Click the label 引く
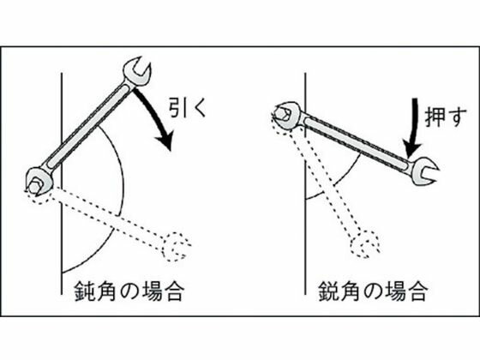pyautogui.click(x=188, y=107)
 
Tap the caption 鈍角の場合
pyautogui.click(x=129, y=291)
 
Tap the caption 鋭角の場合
pyautogui.click(x=373, y=291)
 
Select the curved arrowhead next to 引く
pyautogui.click(x=165, y=141)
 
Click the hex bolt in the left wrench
pyautogui.click(x=33, y=186)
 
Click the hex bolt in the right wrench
pyautogui.click(x=282, y=114)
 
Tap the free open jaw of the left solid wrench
pyautogui.click(x=137, y=71)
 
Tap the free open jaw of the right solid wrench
pyautogui.click(x=424, y=171)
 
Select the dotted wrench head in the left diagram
pyautogui.click(x=177, y=247)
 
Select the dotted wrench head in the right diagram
pyautogui.click(x=366, y=243)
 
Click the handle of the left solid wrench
pyautogui.click(x=89, y=126)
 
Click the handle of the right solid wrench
pyautogui.click(x=357, y=141)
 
